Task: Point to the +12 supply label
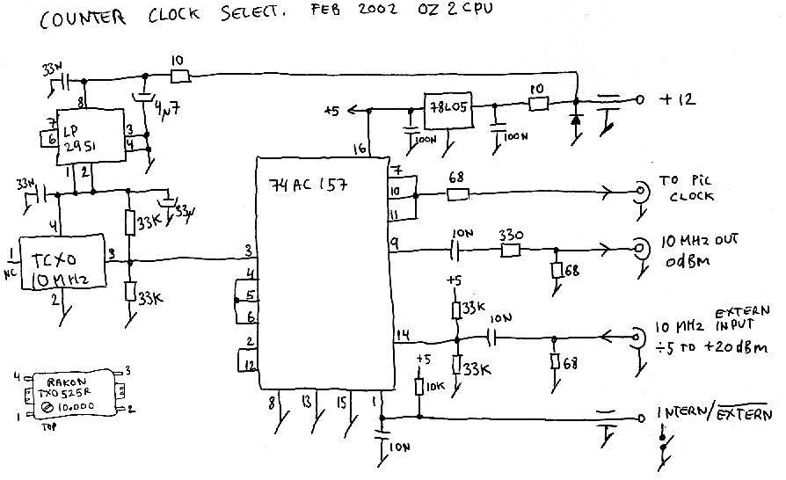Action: [x=678, y=100]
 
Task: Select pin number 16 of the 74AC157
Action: [x=360, y=149]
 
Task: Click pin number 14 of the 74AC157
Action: [x=404, y=332]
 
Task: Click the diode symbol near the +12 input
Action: [x=576, y=120]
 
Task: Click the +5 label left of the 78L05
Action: [x=331, y=111]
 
